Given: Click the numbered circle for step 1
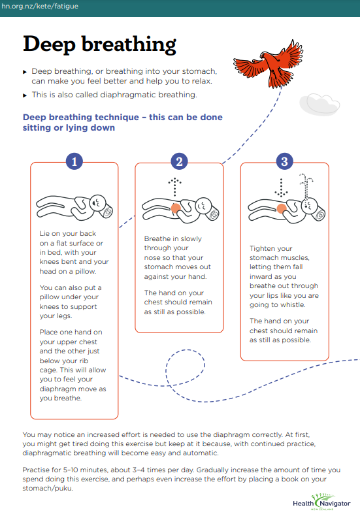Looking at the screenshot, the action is [74, 161].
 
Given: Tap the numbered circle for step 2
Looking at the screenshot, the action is [179, 161].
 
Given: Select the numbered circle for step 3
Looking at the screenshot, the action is [284, 161].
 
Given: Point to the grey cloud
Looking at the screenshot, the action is [319, 104].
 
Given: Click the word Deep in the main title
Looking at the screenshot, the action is [49, 44].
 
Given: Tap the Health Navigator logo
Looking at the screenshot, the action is [321, 502].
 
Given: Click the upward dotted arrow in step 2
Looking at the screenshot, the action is [174, 187].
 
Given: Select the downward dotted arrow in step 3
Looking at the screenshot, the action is [281, 187].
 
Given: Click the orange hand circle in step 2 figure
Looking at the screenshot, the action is [176, 208].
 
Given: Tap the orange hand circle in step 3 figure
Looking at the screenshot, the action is [282, 208].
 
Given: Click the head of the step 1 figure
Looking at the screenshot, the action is [97, 202].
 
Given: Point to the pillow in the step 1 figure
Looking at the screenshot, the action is [107, 211].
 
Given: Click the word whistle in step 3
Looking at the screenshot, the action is [291, 304].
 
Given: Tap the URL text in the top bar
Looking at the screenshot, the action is [40, 7].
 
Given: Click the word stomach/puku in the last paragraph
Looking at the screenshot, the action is [48, 488].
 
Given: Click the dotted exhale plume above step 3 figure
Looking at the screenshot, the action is [306, 187].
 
